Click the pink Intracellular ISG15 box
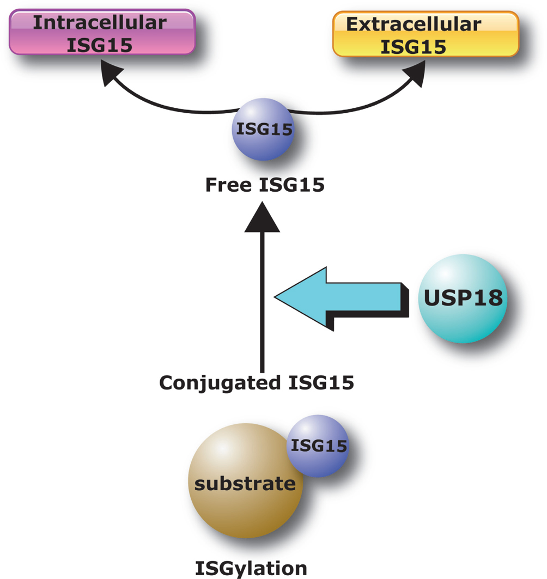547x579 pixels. [102, 33]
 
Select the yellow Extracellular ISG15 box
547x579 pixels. [425, 34]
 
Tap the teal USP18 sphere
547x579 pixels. [463, 298]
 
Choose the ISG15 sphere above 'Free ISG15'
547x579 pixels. [263, 130]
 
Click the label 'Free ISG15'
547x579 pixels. [265, 185]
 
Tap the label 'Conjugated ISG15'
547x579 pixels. [256, 383]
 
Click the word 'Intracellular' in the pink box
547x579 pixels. [100, 22]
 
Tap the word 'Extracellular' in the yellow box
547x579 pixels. [414, 24]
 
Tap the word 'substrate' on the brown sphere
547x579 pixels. [245, 484]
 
